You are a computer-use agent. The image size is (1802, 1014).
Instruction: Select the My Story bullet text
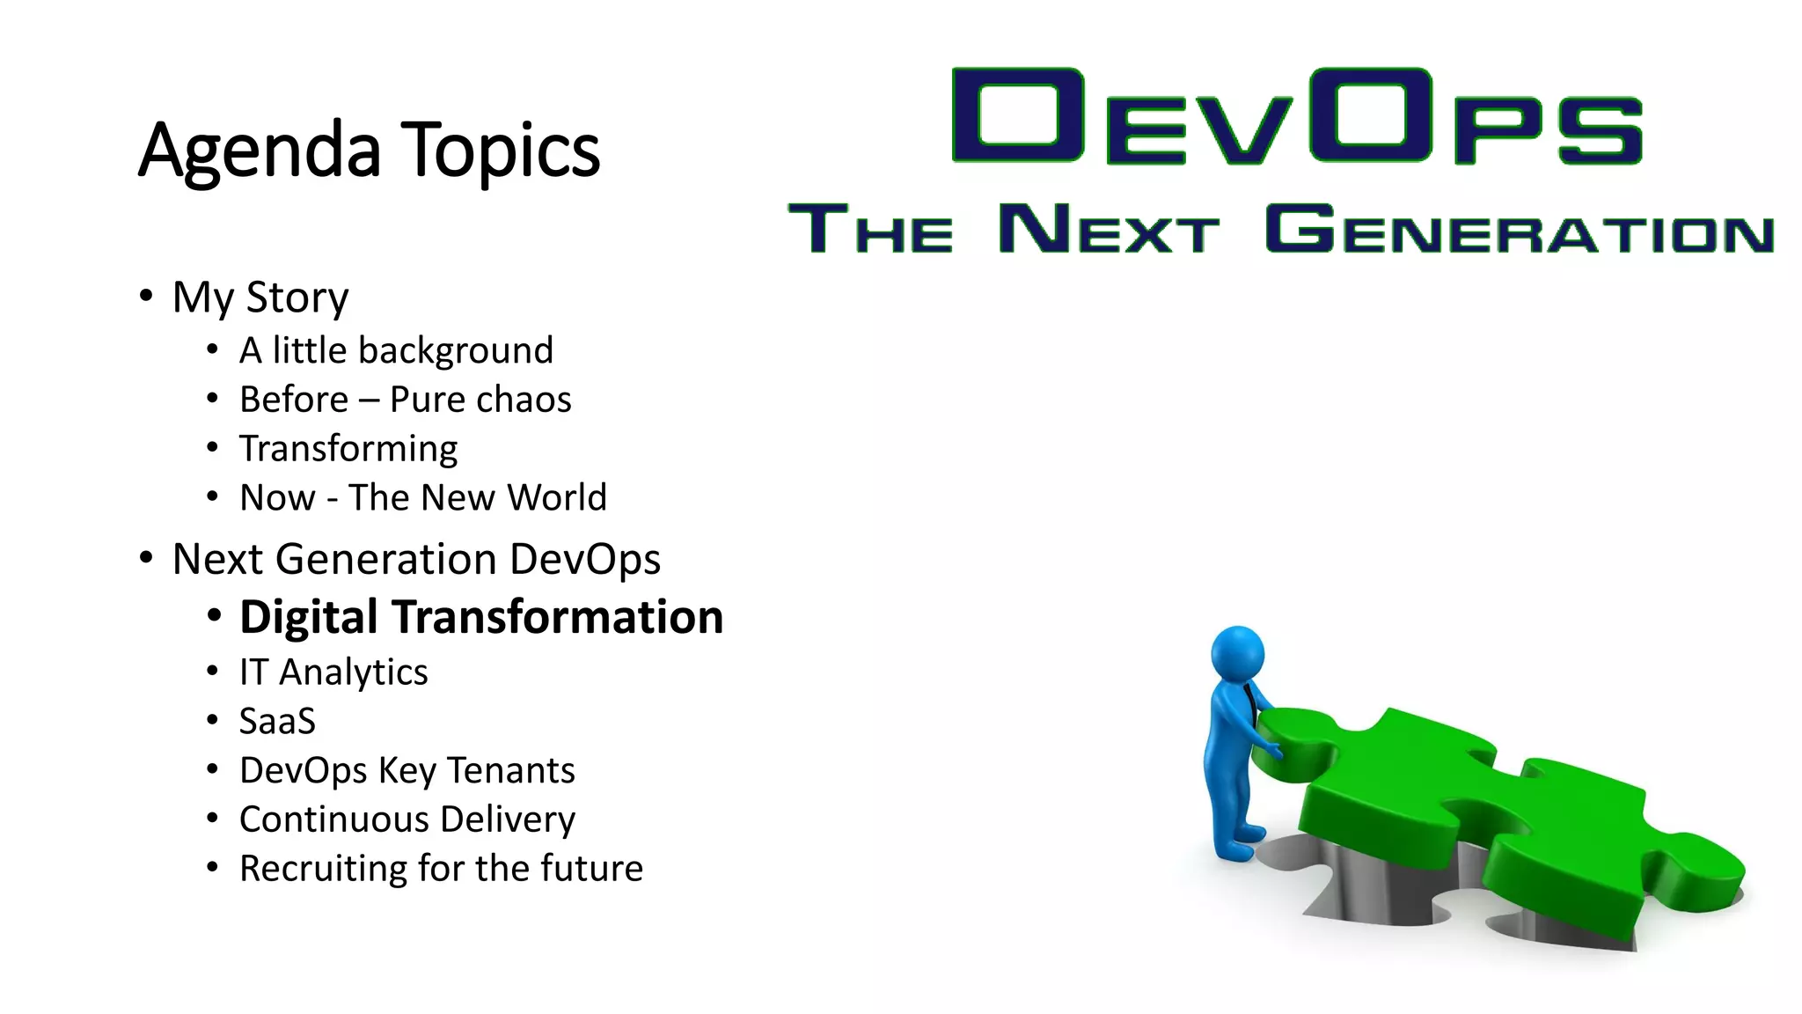click(260, 298)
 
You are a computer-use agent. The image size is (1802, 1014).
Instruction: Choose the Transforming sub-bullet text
click(348, 449)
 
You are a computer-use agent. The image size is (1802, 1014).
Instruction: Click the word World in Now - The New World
click(557, 497)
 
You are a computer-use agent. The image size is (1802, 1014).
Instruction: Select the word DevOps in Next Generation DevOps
click(584, 560)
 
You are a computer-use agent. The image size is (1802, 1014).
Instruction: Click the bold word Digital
click(308, 617)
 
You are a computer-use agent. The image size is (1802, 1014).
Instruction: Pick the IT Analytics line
click(333, 672)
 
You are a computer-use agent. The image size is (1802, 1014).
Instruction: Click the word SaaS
click(277, 722)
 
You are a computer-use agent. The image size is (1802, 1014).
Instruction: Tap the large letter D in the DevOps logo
click(1017, 115)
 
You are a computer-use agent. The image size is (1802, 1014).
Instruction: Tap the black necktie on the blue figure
click(1249, 703)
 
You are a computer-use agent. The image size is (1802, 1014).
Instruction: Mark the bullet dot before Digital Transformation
click(214, 616)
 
